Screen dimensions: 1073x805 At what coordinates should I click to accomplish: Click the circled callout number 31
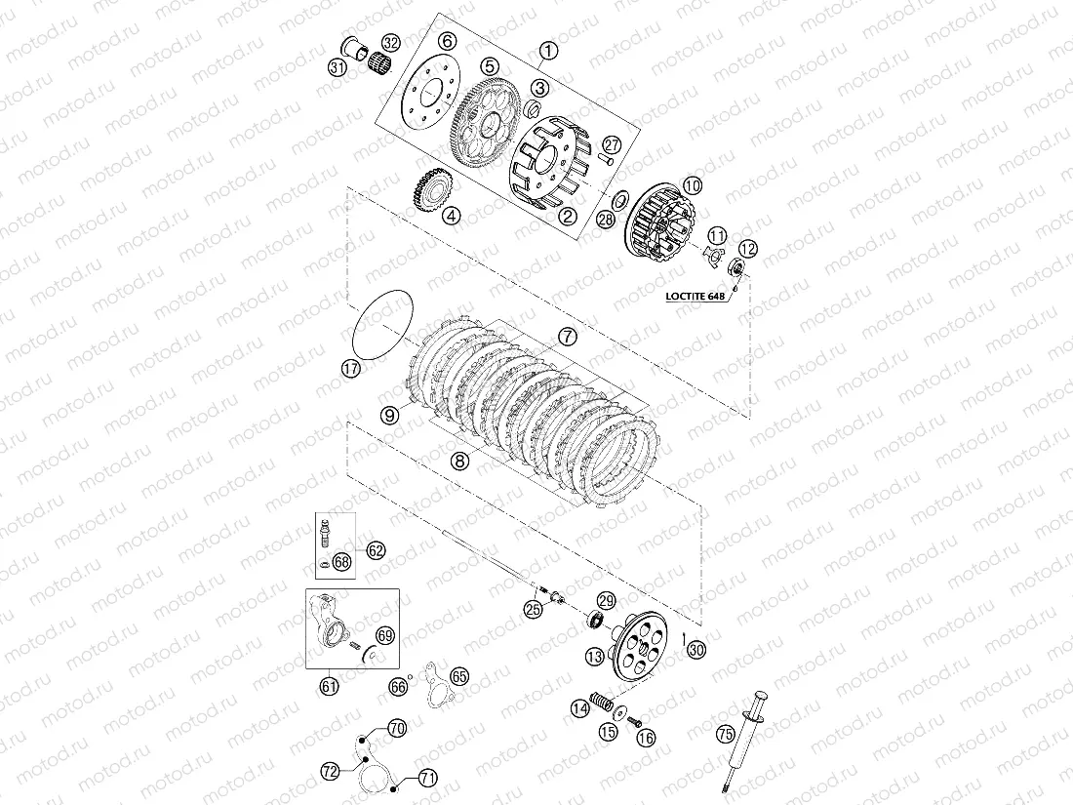point(338,67)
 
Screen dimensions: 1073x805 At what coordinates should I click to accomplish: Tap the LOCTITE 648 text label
point(695,297)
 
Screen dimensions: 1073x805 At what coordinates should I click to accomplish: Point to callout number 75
point(726,735)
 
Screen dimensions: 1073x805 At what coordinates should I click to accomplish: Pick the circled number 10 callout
point(692,185)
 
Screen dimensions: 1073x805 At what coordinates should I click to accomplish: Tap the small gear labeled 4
point(427,189)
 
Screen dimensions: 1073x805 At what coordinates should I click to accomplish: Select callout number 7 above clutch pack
point(568,337)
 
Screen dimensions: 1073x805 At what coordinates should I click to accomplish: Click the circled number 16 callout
point(646,738)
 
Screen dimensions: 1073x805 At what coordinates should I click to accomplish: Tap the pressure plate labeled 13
point(639,646)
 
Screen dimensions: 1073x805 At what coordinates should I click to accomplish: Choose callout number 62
point(376,550)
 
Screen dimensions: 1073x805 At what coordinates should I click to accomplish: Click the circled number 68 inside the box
point(341,562)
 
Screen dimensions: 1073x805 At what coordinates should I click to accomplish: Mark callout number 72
point(331,772)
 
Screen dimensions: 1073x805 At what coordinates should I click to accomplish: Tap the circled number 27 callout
point(611,144)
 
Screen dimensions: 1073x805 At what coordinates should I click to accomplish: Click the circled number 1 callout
point(548,50)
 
